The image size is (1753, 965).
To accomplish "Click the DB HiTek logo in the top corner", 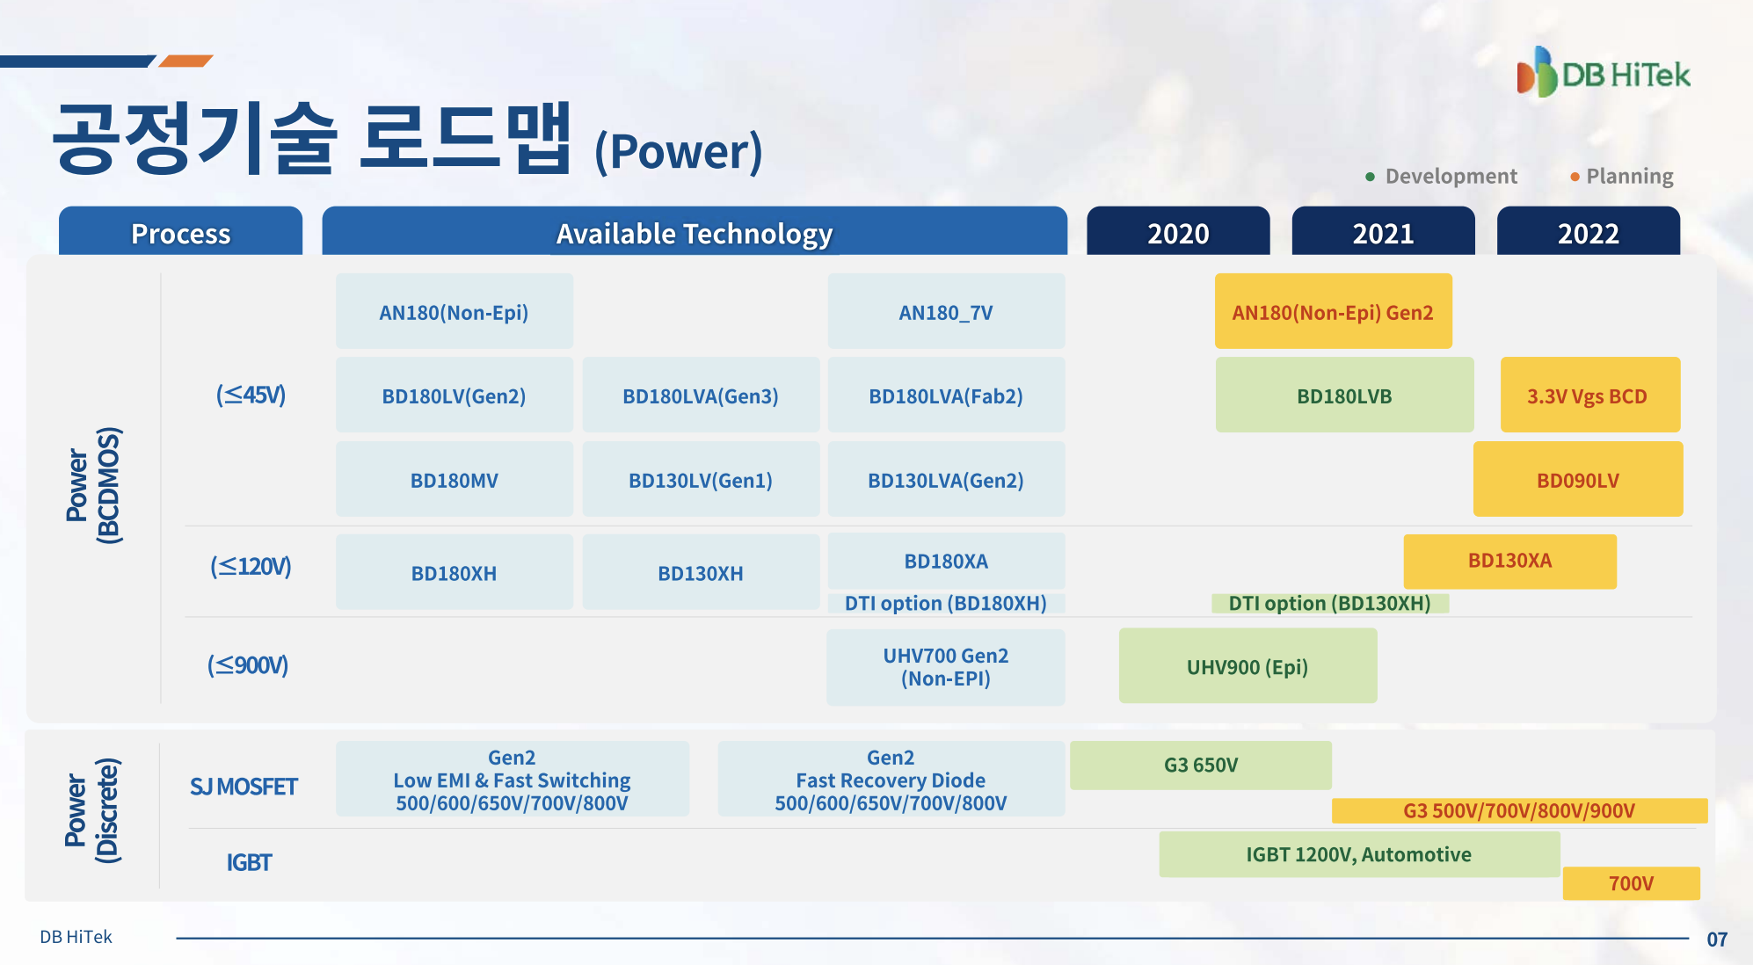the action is tap(1603, 72).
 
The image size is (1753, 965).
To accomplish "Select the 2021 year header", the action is tap(1383, 232).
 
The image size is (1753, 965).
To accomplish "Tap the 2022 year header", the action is tap(1589, 232).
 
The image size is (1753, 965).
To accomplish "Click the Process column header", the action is tap(180, 232).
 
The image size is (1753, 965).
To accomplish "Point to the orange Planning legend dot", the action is tap(1575, 177).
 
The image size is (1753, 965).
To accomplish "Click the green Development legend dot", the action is tap(1370, 177).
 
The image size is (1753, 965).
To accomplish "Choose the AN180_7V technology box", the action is tap(946, 311).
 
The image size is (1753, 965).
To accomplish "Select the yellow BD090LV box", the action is tap(1578, 479).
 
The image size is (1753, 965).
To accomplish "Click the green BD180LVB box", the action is tap(1344, 395).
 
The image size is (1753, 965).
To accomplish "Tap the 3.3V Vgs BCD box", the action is tap(1590, 395).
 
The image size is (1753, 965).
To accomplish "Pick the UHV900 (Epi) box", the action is tap(1247, 665).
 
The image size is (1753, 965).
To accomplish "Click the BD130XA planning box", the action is tap(1509, 561).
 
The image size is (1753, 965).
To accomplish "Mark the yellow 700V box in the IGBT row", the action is tap(1631, 883).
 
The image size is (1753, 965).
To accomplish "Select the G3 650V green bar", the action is tap(1201, 765).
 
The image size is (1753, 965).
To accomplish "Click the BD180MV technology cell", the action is tap(455, 479).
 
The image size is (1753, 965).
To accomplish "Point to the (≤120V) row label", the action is tap(251, 567).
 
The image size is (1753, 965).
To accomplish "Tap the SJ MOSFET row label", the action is tap(244, 787).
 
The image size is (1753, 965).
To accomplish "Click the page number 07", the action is tap(1717, 940).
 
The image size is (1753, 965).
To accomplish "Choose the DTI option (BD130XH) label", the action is tap(1329, 603).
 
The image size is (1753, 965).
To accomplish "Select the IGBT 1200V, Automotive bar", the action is tap(1359, 854).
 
